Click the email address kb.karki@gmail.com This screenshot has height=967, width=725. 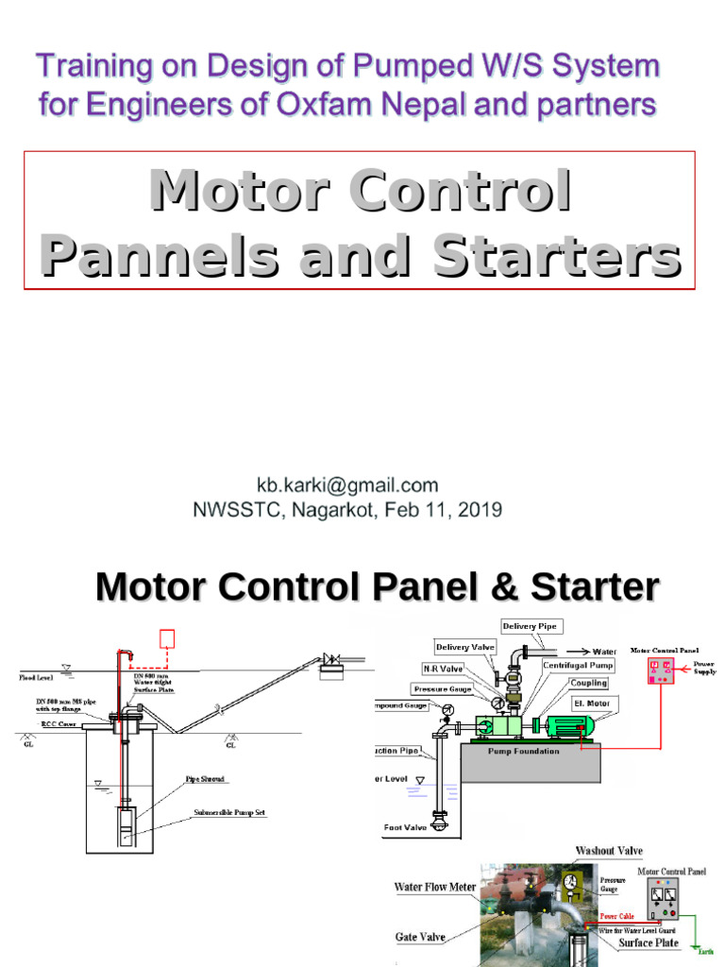(x=347, y=485)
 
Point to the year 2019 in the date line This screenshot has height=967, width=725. (x=482, y=510)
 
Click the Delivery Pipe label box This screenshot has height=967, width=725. (x=532, y=626)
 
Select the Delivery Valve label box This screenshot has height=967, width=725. (x=464, y=647)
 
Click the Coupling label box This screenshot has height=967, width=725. (x=588, y=683)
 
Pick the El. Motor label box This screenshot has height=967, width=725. (x=590, y=704)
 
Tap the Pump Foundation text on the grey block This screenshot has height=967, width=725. (x=524, y=752)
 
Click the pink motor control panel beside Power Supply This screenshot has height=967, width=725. (x=661, y=670)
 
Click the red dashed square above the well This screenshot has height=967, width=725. (x=168, y=638)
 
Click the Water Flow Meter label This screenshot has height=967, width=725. (x=435, y=888)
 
